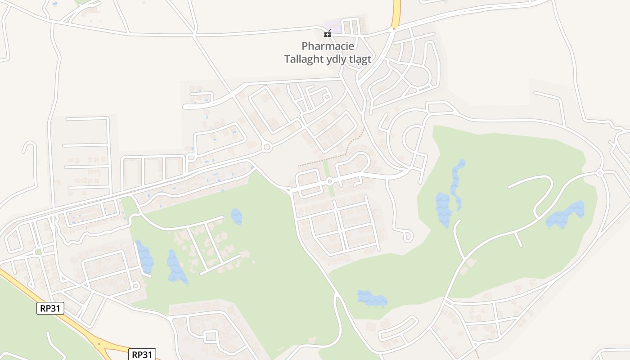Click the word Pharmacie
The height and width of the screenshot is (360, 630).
328,46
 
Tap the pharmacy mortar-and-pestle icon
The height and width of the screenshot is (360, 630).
328,33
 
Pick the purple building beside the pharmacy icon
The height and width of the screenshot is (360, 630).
333,25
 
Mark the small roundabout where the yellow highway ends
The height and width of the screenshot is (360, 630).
394,29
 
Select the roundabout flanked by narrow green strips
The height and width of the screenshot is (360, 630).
329,181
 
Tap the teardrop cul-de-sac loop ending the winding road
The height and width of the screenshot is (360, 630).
408,235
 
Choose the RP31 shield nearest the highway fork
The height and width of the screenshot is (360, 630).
142,355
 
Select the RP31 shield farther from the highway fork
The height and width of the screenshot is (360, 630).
50,308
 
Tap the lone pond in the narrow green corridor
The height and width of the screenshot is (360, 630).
372,298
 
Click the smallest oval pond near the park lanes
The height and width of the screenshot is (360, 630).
236,216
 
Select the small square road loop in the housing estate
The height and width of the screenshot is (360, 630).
210,336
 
